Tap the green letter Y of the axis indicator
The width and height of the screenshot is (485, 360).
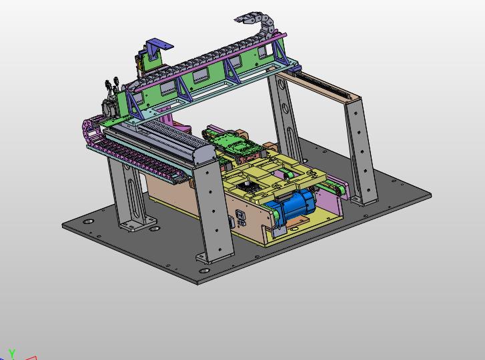tap(12, 353)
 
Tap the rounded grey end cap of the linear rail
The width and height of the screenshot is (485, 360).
tap(204, 154)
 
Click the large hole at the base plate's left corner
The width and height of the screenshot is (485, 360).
tap(88, 222)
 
